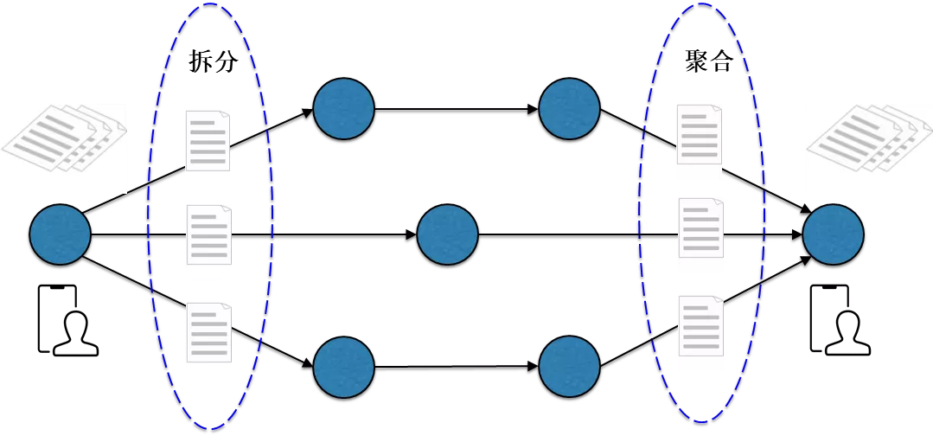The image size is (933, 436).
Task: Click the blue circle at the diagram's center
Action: [x=447, y=234]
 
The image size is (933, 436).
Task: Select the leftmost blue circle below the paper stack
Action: [x=61, y=234]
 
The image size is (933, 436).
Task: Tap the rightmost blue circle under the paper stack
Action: [x=833, y=234]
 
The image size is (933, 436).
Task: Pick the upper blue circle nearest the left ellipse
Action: [x=343, y=109]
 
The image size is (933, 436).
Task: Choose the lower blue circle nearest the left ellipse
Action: [x=343, y=367]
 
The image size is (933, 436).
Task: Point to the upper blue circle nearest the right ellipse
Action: [x=569, y=109]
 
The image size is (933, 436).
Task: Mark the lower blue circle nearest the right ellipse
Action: [x=569, y=367]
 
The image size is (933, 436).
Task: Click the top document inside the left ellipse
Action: [x=208, y=148]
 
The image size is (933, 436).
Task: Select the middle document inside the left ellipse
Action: [x=209, y=242]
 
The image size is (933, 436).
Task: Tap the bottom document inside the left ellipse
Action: [x=209, y=339]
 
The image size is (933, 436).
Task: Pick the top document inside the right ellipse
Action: [x=699, y=142]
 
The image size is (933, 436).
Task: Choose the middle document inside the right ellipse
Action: [x=700, y=235]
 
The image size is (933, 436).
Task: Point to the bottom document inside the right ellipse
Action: [x=700, y=333]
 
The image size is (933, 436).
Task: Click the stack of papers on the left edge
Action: [x=63, y=148]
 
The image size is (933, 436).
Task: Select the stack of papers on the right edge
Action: [x=868, y=148]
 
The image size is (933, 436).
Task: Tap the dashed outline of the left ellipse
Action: [x=148, y=216]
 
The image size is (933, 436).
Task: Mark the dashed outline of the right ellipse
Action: [x=639, y=216]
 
